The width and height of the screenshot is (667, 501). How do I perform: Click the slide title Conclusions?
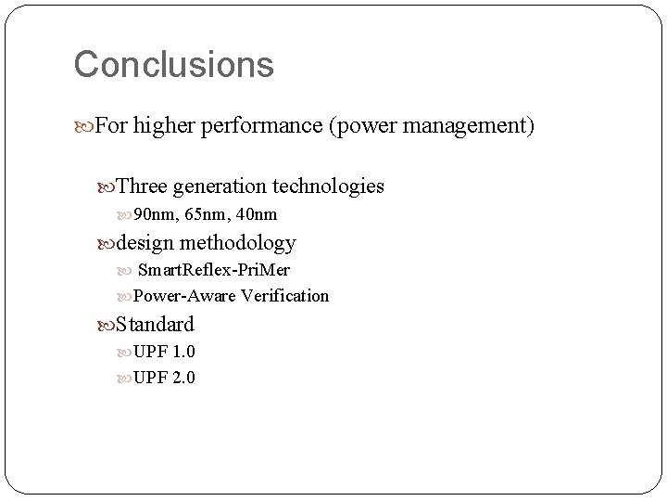click(173, 64)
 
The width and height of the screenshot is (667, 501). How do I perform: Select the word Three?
click(143, 186)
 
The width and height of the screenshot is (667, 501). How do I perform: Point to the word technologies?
click(328, 186)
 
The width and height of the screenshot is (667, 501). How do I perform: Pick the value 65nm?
click(204, 215)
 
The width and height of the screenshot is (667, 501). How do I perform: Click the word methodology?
click(238, 243)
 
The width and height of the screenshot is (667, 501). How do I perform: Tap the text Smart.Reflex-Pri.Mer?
click(213, 270)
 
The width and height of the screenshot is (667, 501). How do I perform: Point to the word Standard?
click(155, 325)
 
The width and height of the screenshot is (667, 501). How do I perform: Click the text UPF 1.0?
click(164, 352)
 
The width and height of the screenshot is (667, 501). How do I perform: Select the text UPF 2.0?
click(164, 378)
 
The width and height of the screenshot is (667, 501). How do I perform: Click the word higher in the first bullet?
click(161, 124)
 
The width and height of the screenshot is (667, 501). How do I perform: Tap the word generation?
click(220, 186)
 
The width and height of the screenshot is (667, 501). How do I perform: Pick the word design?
click(145, 243)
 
